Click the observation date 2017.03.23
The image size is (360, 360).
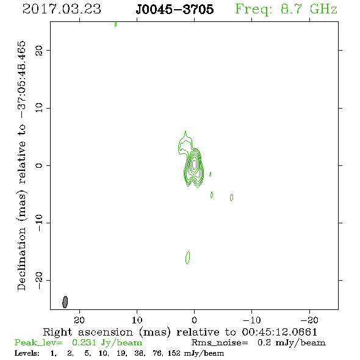click(62, 9)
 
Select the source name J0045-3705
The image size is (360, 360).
click(175, 9)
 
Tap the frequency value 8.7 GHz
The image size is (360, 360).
click(309, 9)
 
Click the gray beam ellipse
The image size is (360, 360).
click(65, 302)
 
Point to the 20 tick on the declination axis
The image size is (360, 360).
click(39, 50)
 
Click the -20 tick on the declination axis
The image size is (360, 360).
click(39, 280)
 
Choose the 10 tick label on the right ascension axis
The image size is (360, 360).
click(137, 320)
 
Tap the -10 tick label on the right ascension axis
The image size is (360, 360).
click(252, 320)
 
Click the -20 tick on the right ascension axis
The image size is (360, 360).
click(309, 320)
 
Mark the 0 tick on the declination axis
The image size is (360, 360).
click(39, 165)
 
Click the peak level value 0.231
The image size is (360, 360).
click(84, 342)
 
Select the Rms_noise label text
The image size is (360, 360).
click(220, 343)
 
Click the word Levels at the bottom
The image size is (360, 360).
click(27, 353)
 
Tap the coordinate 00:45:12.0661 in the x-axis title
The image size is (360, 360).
click(279, 332)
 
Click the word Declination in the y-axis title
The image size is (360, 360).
click(21, 259)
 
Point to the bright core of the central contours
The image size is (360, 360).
click(195, 164)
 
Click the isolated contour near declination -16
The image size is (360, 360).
click(187, 257)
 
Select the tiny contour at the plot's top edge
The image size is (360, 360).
click(115, 24)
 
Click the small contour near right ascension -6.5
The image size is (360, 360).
click(231, 197)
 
